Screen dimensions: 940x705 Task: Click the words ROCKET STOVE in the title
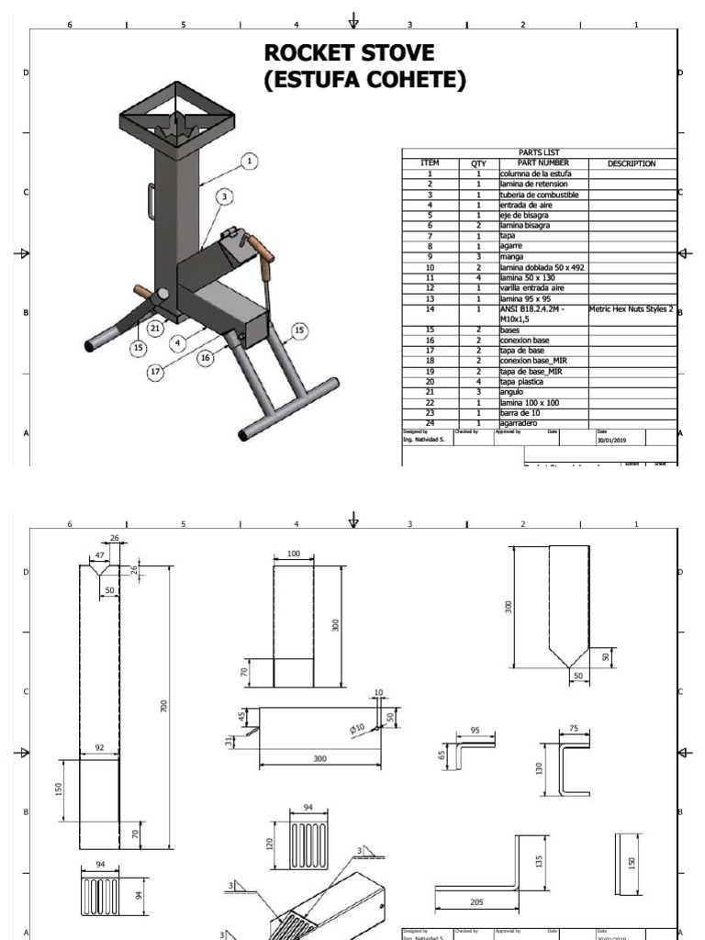pos(349,52)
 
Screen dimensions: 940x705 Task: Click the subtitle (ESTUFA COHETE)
pos(364,81)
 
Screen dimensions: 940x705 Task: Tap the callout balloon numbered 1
pos(248,162)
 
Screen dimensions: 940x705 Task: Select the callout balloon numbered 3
pos(222,196)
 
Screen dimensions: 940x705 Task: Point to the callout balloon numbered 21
pos(155,328)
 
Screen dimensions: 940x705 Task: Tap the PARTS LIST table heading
pos(539,153)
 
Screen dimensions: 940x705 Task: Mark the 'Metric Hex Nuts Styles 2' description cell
pos(632,309)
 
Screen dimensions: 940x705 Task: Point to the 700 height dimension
pos(164,706)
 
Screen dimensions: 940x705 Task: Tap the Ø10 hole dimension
pos(356,728)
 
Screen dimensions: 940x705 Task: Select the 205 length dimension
pos(476,902)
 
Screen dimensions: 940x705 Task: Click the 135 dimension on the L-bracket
pos(539,861)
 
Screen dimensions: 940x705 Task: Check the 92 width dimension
pos(98,748)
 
